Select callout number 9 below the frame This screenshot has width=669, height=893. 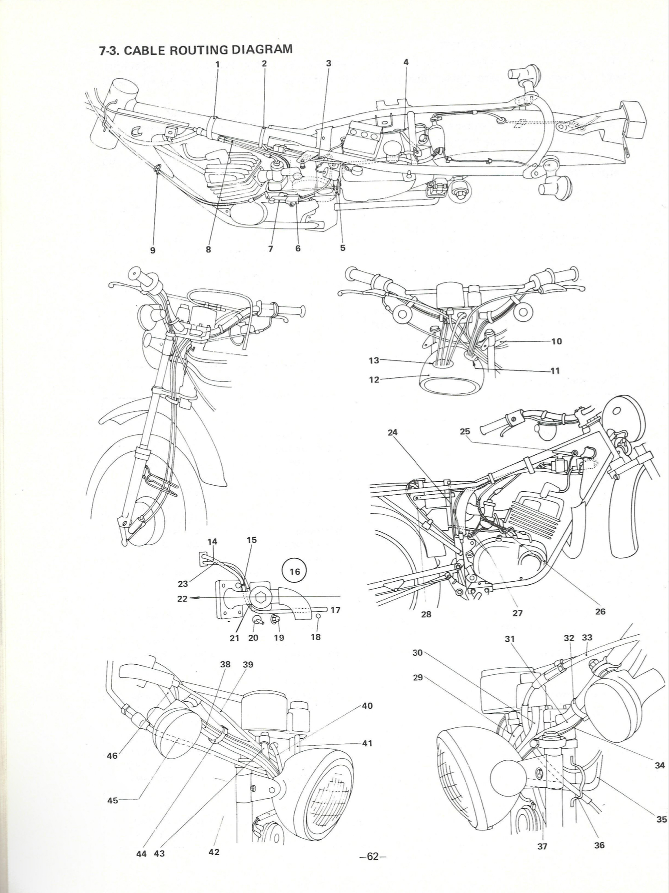click(153, 250)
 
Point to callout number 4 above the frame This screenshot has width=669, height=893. click(406, 62)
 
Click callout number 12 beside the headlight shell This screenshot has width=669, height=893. click(374, 380)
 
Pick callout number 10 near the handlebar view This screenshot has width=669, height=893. click(556, 341)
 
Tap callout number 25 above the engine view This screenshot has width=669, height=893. click(465, 431)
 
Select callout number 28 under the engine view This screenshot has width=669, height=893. click(426, 614)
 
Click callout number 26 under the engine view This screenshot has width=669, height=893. click(600, 611)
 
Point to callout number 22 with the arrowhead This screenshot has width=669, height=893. click(182, 599)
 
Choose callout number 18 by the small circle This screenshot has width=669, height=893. click(316, 637)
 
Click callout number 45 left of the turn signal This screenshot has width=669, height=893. click(113, 800)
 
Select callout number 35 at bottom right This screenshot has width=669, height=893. click(661, 819)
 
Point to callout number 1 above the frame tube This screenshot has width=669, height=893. click(217, 64)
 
